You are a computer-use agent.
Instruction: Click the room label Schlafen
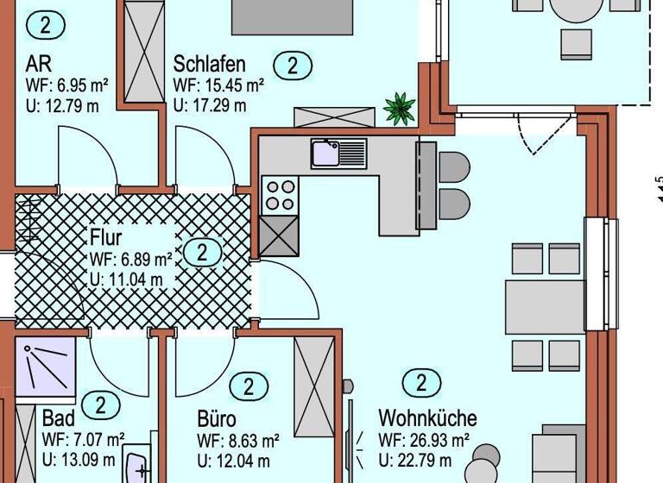click(x=210, y=65)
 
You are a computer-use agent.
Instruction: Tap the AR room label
click(x=37, y=65)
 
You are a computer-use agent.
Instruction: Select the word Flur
click(x=105, y=237)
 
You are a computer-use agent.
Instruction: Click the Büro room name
click(x=217, y=420)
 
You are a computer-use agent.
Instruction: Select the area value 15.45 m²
click(x=218, y=85)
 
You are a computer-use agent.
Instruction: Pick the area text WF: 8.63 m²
click(x=238, y=440)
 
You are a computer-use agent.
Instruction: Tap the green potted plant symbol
click(x=399, y=109)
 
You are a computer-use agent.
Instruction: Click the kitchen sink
click(x=327, y=154)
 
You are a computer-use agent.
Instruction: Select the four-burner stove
click(x=279, y=195)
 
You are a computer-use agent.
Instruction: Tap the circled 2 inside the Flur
click(x=203, y=253)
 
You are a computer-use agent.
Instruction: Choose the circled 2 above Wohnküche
click(x=421, y=383)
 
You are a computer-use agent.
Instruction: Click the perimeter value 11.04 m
click(x=126, y=279)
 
